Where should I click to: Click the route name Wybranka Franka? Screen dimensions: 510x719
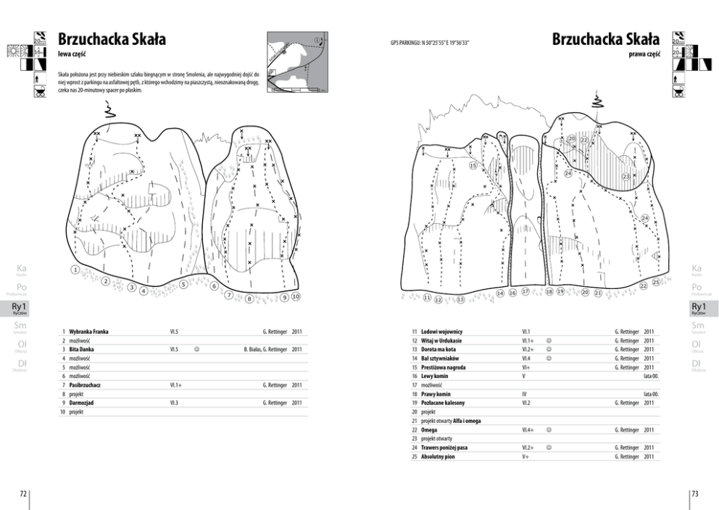tap(88, 331)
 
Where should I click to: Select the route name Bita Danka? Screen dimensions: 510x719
tap(83, 349)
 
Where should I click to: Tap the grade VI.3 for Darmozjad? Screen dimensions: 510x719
tap(174, 403)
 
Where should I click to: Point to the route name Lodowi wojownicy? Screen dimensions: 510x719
tap(441, 331)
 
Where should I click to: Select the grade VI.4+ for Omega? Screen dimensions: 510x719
tap(528, 430)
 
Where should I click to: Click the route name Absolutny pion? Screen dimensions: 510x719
tap(439, 456)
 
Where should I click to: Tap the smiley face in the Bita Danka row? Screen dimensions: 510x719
tap(196, 349)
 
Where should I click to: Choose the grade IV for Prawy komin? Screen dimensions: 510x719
tap(524, 394)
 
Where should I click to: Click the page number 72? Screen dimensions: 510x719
tap(23, 493)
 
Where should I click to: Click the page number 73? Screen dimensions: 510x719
tap(694, 493)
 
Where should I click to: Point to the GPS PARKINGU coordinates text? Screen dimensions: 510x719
tap(429, 43)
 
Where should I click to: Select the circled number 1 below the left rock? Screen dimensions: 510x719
tap(75, 269)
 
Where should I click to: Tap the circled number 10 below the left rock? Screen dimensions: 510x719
tap(296, 296)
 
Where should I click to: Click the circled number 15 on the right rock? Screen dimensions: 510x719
tap(473, 165)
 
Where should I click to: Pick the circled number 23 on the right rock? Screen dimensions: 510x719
tap(625, 176)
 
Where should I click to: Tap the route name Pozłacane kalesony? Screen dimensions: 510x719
tap(443, 403)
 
